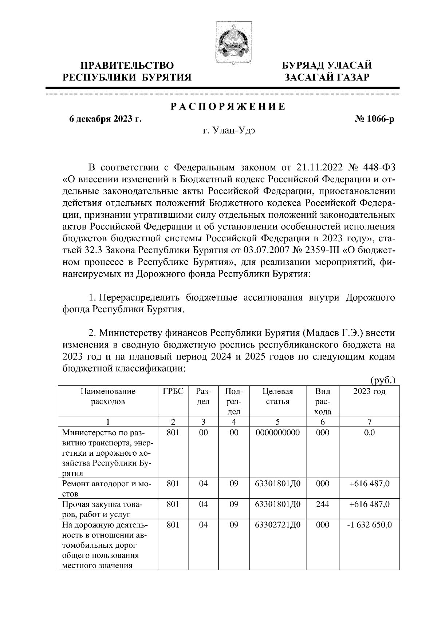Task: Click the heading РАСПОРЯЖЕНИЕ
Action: (228, 107)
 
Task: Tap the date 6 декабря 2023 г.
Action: (105, 119)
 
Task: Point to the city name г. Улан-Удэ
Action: (228, 131)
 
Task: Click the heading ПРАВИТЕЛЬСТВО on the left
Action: (127, 66)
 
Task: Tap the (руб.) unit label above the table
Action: (382, 380)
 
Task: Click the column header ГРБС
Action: (173, 392)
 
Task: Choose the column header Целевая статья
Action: (277, 396)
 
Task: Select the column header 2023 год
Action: (369, 392)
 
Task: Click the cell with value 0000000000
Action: (277, 432)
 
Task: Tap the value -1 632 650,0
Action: (369, 525)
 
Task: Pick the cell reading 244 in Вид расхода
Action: (323, 504)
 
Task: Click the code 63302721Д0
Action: (277, 525)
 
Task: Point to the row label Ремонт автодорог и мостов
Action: (107, 488)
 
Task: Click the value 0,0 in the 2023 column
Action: (369, 432)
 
